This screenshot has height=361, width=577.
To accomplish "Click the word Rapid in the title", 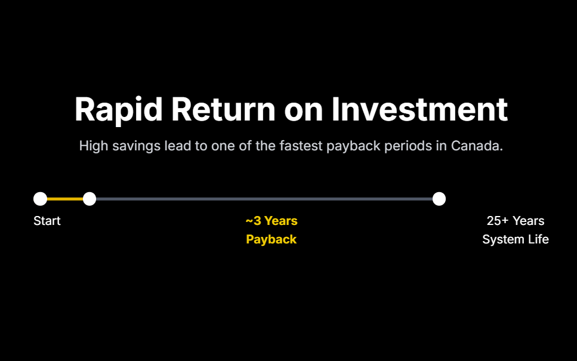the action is pos(119,110).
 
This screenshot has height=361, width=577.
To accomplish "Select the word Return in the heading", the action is pos(223,109).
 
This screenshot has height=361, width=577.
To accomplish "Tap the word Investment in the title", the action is pos(419,109).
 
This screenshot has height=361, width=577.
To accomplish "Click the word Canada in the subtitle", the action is pos(477,146).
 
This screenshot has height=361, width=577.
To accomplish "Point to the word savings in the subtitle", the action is pos(137,147).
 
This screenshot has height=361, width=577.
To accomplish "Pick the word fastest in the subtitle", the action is pos(301,146).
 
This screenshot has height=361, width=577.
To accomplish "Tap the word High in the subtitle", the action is pos(94,146).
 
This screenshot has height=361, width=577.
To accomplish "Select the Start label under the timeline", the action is pos(47,221).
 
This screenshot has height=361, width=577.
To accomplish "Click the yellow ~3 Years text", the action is pos(271,221).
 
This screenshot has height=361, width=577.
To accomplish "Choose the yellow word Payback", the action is pos(271,239).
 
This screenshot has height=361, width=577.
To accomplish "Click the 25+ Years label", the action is pos(516,221).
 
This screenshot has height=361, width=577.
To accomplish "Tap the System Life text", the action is pos(516,239).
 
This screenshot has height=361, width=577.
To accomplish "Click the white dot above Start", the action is pos(40,199).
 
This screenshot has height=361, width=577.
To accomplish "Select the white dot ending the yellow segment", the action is pos(90,199).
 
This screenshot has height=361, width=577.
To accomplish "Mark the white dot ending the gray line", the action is pos(439,199).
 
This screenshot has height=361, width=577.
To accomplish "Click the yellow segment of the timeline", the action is pos(65,199).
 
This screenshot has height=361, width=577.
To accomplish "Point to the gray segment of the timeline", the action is pos(264,199).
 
